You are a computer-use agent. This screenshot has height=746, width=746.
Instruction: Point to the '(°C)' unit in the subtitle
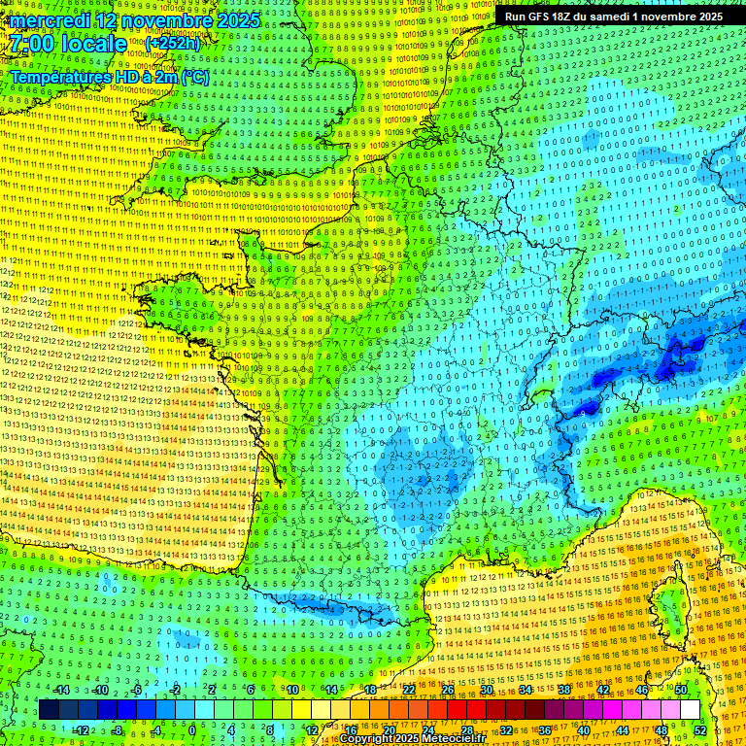coord(193,78)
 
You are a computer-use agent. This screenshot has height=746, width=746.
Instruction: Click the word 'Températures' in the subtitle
coord(58,78)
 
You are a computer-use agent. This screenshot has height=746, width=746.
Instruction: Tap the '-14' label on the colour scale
coord(60,690)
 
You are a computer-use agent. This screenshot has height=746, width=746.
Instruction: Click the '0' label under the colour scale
coord(192,729)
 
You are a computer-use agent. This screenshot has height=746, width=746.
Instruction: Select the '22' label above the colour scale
coord(409,690)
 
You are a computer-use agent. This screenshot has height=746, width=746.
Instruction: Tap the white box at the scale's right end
coord(690,710)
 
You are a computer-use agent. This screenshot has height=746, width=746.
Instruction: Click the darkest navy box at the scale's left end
coord(49,710)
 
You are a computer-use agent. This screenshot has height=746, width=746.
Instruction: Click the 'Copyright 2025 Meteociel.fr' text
coord(412,739)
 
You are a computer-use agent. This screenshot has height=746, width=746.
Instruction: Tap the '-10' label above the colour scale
coord(99,690)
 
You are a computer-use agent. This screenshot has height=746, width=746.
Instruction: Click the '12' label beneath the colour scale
coord(312,729)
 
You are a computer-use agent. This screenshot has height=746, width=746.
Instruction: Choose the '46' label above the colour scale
coord(642,690)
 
